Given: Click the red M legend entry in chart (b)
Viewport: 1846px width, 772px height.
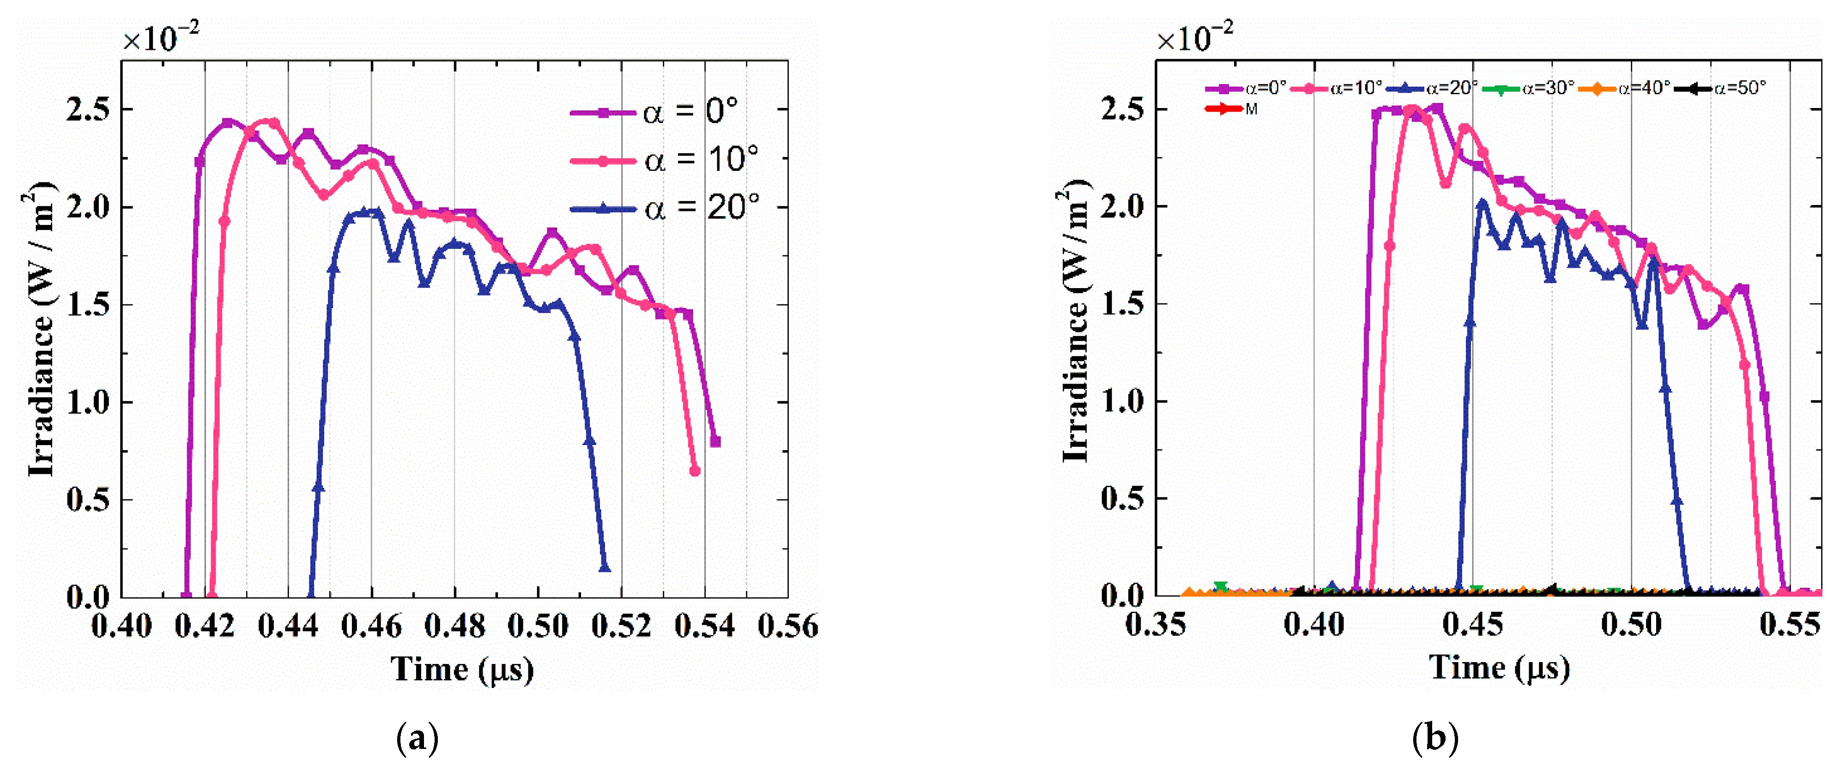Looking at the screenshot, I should [x=1233, y=109].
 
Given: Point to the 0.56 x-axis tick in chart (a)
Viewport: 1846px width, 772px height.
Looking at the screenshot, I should [x=787, y=626].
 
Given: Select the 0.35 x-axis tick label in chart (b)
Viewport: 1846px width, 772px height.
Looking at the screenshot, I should [x=1155, y=624].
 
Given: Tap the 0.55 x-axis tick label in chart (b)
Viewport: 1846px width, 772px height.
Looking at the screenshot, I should [x=1789, y=624].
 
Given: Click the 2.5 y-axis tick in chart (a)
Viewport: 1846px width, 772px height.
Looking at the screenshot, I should [x=87, y=109].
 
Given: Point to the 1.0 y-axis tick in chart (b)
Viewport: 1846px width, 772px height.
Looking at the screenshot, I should [x=1122, y=401].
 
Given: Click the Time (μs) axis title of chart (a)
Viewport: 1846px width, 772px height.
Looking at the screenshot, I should [x=462, y=669].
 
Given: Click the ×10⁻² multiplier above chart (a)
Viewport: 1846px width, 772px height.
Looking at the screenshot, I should [x=161, y=38].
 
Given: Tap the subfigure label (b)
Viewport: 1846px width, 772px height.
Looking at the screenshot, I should [x=1434, y=738].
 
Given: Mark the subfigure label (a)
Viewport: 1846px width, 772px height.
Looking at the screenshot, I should [x=417, y=738].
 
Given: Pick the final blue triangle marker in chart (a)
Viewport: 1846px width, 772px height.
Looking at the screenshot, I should [x=605, y=568].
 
